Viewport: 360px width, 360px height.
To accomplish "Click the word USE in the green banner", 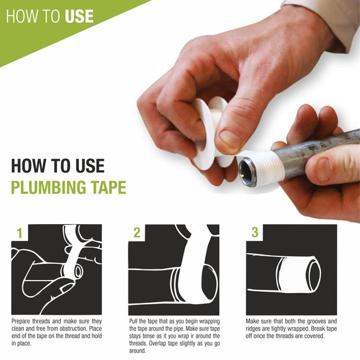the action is pyautogui.click(x=79, y=16).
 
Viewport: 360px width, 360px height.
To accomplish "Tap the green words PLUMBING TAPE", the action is pyautogui.click(x=69, y=187).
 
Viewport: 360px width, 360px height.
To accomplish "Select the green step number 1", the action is pyautogui.click(x=20, y=233).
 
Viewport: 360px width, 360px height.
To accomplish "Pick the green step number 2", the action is pyautogui.click(x=137, y=233).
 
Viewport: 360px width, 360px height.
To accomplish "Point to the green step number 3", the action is pyautogui.click(x=255, y=233).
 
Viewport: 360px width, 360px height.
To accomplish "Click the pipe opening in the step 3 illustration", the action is pyautogui.click(x=314, y=274).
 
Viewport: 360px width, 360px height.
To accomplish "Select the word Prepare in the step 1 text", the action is pyautogui.click(x=20, y=322).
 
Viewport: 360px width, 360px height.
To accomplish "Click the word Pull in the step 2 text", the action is pyautogui.click(x=133, y=321).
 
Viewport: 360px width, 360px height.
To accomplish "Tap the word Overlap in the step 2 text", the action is pyautogui.click(x=157, y=344).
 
